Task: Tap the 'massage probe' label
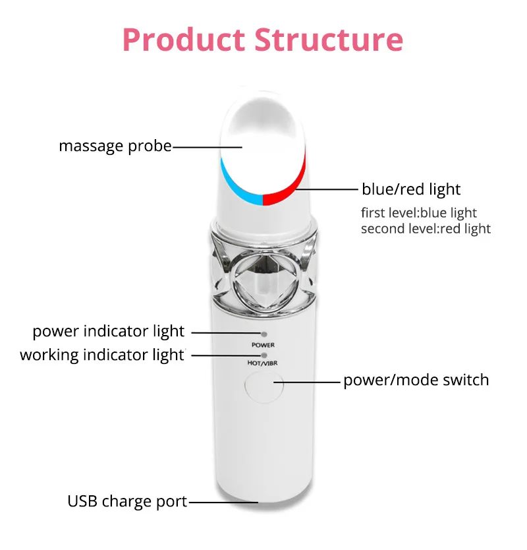point(115,146)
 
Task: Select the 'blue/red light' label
point(411,189)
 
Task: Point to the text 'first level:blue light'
point(418,213)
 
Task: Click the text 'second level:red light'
point(426,229)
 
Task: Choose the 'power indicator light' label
point(109,331)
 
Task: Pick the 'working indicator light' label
point(102,355)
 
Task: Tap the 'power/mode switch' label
point(416,380)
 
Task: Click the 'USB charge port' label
point(127,501)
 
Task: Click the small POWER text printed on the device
point(263,345)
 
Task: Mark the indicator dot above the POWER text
point(264,335)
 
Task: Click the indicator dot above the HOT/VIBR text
point(264,355)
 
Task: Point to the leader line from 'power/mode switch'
point(306,381)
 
